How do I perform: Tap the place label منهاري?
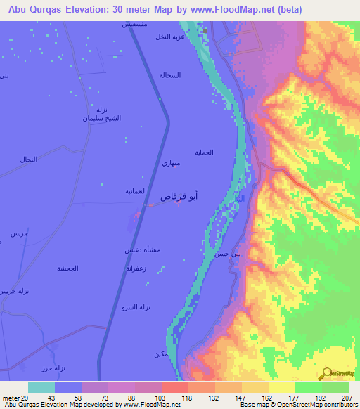tap(172, 164)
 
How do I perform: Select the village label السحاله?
tap(170, 75)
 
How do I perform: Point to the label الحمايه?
tap(204, 152)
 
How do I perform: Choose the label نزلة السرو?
tap(136, 307)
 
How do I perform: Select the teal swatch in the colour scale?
tap(41, 388)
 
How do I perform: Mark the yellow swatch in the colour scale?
tap(282, 388)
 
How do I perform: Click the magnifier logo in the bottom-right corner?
tap(326, 372)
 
